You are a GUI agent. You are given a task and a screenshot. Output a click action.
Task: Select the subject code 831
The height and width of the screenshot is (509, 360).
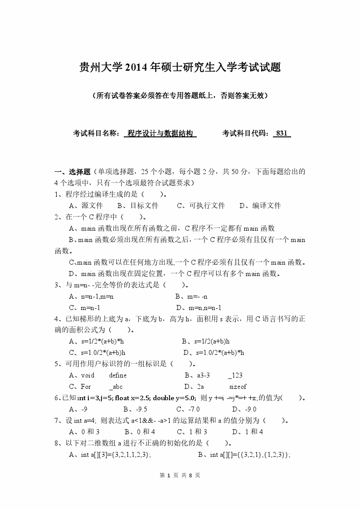(282, 133)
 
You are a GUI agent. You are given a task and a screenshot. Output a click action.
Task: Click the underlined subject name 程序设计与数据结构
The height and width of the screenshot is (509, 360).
(161, 133)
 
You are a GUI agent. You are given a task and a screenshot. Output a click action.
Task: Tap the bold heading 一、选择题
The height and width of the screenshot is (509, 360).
(73, 172)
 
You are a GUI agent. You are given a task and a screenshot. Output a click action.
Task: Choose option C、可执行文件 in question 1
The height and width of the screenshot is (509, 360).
(201, 205)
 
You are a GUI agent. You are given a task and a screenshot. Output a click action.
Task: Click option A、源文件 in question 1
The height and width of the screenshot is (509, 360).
(85, 205)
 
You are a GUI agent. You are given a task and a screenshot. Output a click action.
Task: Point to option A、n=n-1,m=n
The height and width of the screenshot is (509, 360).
(91, 296)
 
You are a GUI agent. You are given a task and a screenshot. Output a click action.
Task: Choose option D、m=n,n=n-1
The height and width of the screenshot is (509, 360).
(199, 308)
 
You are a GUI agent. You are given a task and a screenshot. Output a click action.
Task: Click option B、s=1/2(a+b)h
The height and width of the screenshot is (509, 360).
(206, 341)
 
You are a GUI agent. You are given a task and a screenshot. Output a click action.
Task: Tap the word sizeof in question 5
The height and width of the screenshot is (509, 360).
(238, 387)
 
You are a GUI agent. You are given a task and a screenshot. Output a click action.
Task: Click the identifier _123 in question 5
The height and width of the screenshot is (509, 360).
(235, 375)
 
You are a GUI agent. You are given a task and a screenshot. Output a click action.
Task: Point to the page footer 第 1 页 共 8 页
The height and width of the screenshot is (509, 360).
(180, 475)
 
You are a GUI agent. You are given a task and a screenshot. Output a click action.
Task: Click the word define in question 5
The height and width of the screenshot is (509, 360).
(118, 375)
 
